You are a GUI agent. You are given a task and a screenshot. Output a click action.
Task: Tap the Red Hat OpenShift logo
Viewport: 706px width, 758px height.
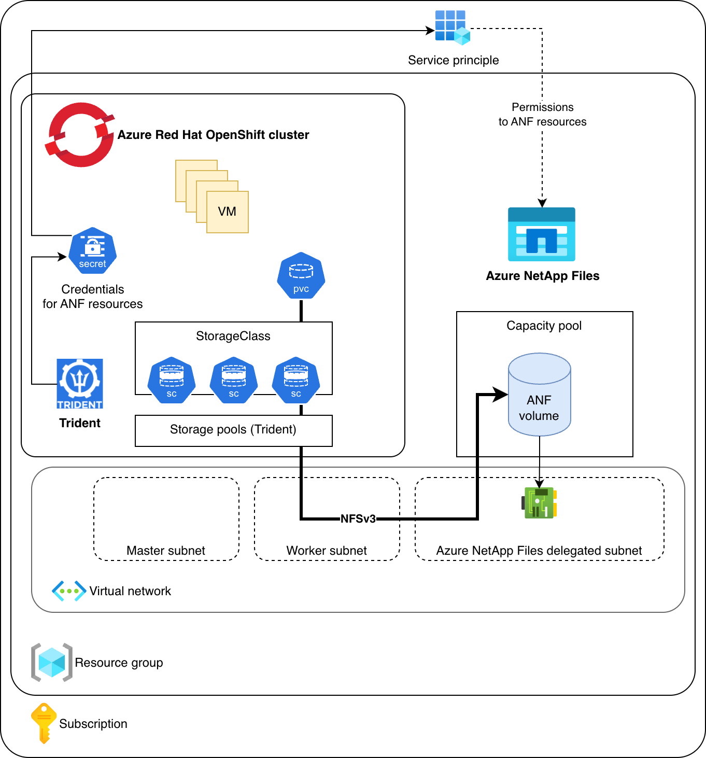coord(80,135)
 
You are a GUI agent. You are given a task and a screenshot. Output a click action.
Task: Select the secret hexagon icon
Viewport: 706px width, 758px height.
coord(93,251)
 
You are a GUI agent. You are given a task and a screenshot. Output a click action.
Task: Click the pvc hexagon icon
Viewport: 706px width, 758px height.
coord(301,276)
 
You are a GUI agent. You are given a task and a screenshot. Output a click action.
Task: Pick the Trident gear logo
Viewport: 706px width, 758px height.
coord(80,384)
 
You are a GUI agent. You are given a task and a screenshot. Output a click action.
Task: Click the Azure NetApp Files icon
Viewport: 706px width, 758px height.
coord(542,234)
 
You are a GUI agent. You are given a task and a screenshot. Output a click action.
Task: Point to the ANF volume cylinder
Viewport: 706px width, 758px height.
coord(540,395)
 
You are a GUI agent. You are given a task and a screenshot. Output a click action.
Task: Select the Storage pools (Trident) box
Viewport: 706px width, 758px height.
coord(233,430)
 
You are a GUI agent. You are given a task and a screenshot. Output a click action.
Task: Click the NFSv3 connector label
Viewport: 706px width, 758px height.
coord(358,518)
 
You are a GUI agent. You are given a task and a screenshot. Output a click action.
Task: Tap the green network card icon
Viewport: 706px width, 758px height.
coord(539,502)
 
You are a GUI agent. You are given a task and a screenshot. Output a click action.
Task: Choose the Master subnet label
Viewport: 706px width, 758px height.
coord(166,551)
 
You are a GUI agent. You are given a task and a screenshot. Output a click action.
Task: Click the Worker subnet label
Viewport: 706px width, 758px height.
coord(327,551)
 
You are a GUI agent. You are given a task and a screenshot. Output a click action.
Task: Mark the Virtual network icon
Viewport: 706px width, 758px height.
coord(69,591)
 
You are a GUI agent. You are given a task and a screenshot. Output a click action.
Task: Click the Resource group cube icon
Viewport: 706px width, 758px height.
coord(52,662)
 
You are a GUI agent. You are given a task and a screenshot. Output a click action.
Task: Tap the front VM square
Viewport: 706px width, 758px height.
coord(228,212)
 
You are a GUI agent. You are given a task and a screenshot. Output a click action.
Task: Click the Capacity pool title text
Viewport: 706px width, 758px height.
coord(544,326)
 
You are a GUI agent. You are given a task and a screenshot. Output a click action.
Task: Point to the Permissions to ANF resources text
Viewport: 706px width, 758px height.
coord(542,115)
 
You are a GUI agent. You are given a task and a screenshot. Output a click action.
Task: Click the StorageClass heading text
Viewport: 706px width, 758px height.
coord(233,336)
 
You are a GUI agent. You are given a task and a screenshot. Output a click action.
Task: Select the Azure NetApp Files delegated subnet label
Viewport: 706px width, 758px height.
coord(539,551)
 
